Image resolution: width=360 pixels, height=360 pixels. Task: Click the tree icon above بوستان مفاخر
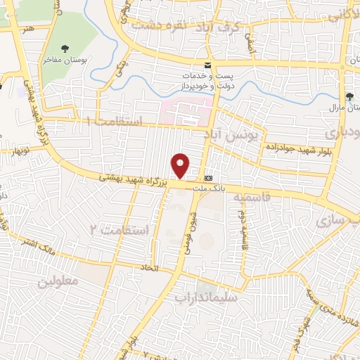pos(65,49)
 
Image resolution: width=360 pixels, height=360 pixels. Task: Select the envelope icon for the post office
pos(207,64)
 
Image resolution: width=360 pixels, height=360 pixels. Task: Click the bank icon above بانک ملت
pos(208,178)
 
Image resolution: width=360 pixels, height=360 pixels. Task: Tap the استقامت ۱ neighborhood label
pos(113,122)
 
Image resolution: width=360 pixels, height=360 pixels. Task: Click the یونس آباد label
pos(236,132)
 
